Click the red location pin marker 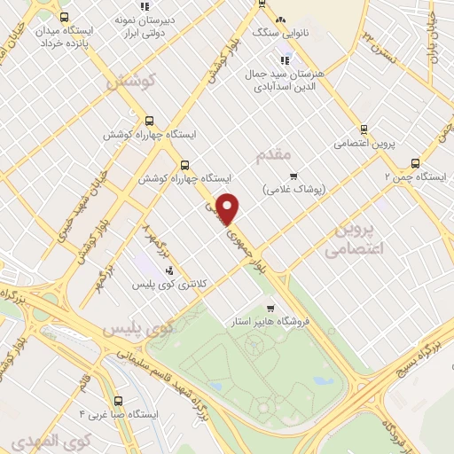click(x=229, y=207)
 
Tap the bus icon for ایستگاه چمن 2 click(x=415, y=163)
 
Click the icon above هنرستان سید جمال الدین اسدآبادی click(x=285, y=60)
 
